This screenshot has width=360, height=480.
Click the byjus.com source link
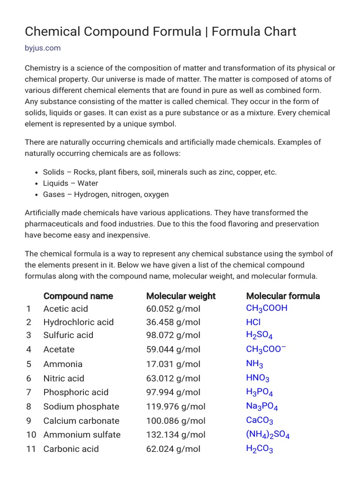[x=43, y=48]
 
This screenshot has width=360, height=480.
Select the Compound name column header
[x=78, y=296]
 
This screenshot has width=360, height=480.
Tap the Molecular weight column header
[x=180, y=296]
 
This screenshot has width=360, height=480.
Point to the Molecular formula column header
[x=283, y=296]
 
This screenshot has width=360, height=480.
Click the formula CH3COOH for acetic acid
[x=267, y=308]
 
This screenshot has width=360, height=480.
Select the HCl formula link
[x=253, y=322]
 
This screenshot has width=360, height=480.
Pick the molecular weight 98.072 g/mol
[x=173, y=335]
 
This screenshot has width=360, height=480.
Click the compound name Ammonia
[x=63, y=364]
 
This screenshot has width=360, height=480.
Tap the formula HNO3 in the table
[x=258, y=378]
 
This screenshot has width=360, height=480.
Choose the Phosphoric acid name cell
[x=75, y=392]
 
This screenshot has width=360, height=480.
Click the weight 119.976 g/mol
[x=176, y=406]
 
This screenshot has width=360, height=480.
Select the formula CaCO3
[x=259, y=420]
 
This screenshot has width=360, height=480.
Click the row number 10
[x=31, y=435]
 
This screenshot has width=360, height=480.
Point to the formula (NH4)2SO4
[x=268, y=435]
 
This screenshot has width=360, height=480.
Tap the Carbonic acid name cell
[x=71, y=449]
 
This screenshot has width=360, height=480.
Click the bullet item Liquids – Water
[x=70, y=183]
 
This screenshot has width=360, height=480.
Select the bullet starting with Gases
[x=105, y=194]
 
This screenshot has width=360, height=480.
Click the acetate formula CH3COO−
[x=266, y=349]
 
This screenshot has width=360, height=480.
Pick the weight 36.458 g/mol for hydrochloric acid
[x=173, y=322]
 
